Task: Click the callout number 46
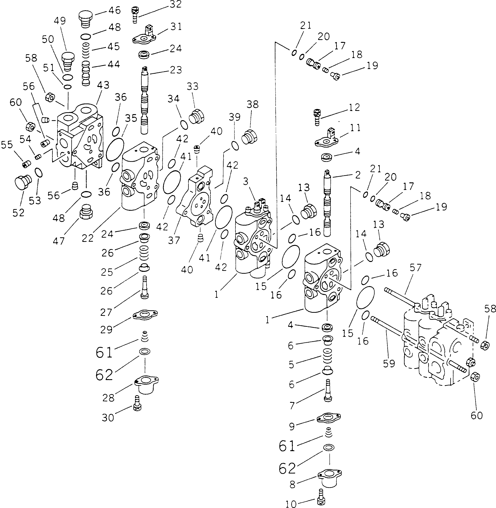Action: tap(114, 11)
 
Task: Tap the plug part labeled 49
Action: tap(68, 61)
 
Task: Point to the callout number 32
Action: tap(175, 4)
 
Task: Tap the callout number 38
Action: tap(252, 104)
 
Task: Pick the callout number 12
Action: tap(354, 107)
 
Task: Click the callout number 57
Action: tap(415, 268)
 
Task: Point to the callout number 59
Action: tap(389, 364)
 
